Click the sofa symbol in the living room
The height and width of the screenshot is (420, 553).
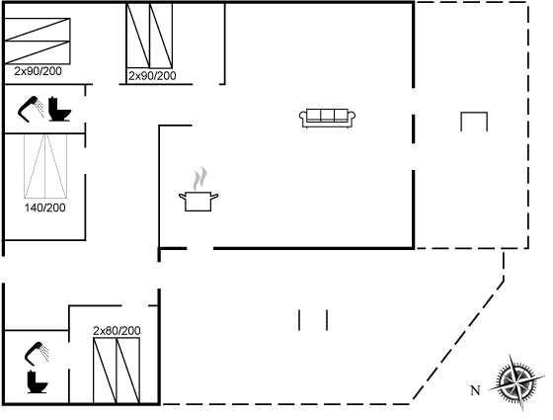pos(327,119)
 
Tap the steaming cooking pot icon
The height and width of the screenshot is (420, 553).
pos(198,190)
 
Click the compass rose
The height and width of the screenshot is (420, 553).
pos(516,382)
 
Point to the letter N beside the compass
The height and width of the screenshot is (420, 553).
pos(475,390)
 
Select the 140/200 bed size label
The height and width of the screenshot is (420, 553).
pos(44,208)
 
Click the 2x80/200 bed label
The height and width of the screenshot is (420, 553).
pos(117,331)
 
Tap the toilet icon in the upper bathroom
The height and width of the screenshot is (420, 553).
pos(59,109)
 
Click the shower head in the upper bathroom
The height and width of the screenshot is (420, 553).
pos(31,109)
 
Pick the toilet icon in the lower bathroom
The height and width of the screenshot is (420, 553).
pos(38,381)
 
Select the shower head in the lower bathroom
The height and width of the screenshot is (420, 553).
pos(37,353)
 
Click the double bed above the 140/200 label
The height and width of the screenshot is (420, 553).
pos(45,166)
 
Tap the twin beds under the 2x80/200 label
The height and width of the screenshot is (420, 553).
pos(117,371)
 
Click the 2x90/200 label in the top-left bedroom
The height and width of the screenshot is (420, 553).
pos(38,71)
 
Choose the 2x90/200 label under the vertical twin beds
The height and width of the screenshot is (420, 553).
pos(152,76)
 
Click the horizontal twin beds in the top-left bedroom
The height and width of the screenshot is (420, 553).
pos(38,41)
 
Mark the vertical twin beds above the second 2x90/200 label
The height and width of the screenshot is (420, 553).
pos(149,36)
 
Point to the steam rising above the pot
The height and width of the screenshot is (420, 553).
pos(199,179)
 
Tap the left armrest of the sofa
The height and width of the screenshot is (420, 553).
pos(302,119)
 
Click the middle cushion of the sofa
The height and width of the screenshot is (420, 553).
pos(327,115)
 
